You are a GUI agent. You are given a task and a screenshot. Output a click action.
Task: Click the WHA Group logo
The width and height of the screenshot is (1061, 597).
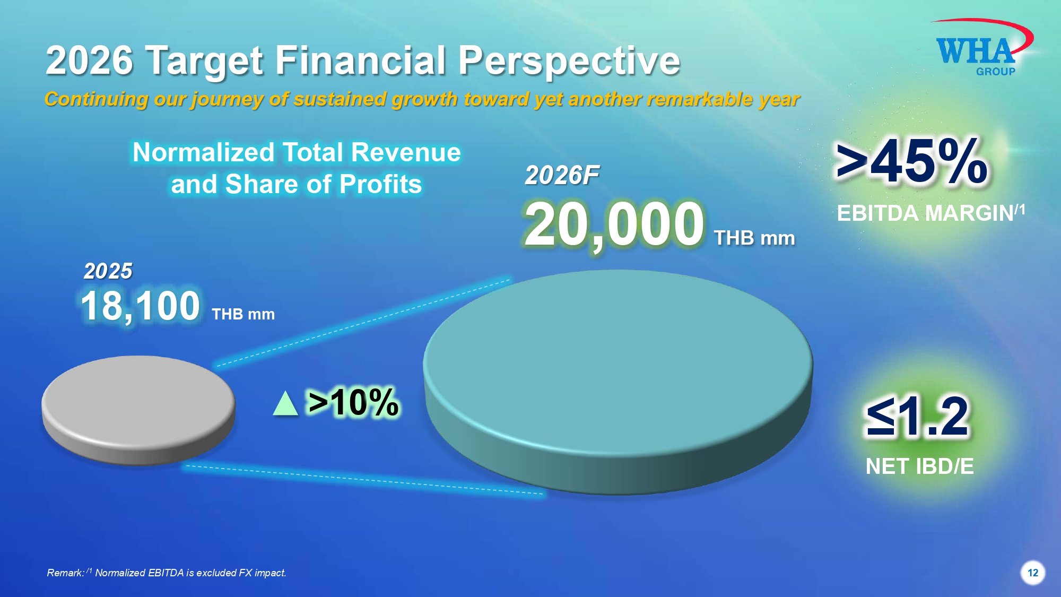(981, 48)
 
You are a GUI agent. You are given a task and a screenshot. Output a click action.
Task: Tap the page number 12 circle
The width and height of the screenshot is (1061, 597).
(1032, 573)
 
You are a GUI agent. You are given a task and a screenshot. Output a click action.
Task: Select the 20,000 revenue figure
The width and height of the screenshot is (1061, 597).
(614, 225)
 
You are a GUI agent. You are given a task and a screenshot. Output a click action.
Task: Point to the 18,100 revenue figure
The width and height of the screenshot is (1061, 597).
(141, 306)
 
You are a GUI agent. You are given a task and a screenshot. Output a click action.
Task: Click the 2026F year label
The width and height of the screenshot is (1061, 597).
(562, 175)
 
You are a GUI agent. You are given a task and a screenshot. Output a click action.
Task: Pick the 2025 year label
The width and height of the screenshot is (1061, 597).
(108, 271)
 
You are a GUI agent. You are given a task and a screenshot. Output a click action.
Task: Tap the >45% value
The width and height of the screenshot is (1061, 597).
(911, 161)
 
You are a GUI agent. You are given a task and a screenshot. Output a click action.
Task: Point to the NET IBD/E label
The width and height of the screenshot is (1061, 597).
(920, 466)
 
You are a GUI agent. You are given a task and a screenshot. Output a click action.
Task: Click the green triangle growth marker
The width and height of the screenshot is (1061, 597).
(285, 403)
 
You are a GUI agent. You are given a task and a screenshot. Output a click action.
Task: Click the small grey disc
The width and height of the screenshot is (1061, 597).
(138, 410)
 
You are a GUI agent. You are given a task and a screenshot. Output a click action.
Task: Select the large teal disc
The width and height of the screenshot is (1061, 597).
(618, 382)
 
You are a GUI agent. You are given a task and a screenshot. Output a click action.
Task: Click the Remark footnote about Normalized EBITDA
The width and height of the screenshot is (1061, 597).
(167, 573)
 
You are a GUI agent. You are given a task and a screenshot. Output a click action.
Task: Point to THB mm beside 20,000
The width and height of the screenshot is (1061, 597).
(754, 238)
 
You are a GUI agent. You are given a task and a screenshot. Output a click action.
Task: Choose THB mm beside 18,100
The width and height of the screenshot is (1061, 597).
(243, 314)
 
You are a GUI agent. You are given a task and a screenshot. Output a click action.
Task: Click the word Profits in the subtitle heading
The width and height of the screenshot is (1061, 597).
(380, 184)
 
